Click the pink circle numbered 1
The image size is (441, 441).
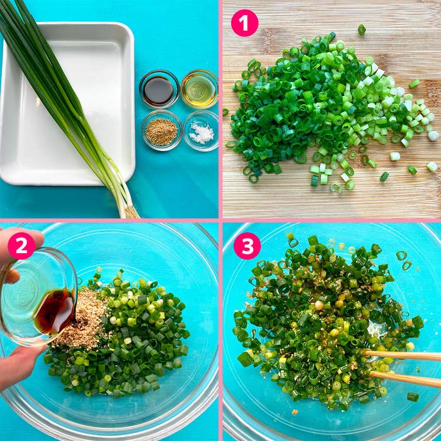(x=244, y=23)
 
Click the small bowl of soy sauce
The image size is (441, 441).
(x=159, y=89)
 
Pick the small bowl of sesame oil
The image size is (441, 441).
(x=200, y=89)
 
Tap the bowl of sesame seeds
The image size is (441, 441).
(x=161, y=130)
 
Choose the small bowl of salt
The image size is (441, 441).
(x=201, y=131)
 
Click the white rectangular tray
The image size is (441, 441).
(x=67, y=103)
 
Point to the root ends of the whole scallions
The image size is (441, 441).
(x=131, y=212)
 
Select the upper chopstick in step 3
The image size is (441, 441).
(x=402, y=355)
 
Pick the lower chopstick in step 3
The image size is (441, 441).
(x=405, y=378)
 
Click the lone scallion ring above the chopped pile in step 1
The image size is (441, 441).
(x=362, y=30)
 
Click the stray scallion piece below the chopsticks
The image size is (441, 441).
(x=413, y=396)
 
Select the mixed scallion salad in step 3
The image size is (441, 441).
(x=326, y=321)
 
